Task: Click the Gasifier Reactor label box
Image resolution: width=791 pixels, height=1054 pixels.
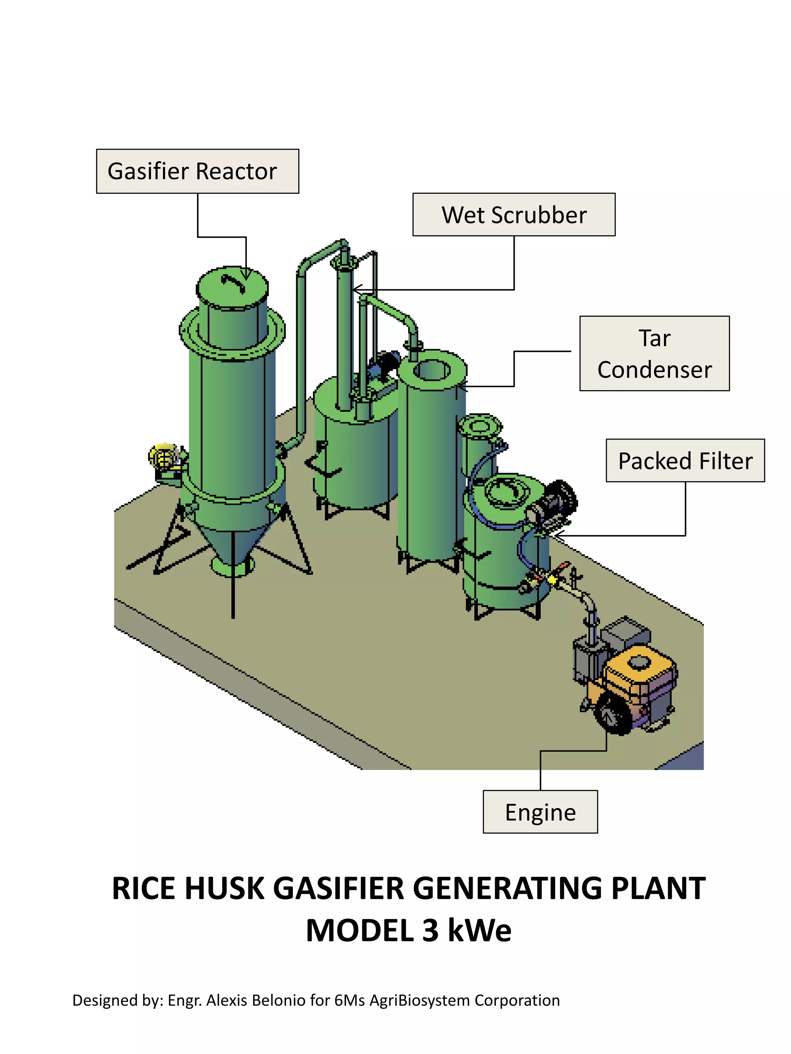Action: point(197,171)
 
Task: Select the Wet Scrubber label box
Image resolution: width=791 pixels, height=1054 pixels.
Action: point(514,215)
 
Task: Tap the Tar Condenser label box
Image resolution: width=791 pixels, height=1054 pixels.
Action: point(654,354)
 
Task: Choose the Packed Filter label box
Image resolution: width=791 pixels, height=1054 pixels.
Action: point(685,461)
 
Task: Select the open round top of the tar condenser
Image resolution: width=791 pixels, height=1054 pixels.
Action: point(431,370)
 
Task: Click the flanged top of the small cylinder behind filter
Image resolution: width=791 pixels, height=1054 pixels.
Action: point(480,426)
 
